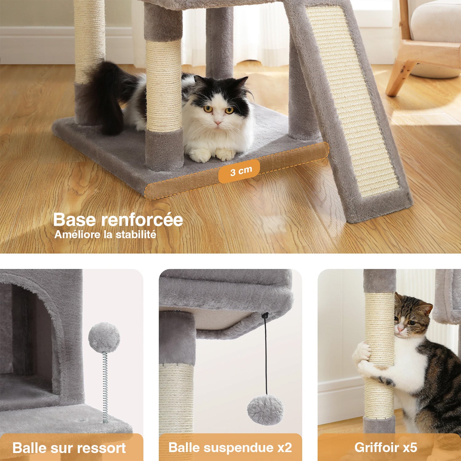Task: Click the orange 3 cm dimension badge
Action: pos(239,171)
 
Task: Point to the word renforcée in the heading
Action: pos(142,220)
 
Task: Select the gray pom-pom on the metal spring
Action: pos(104,338)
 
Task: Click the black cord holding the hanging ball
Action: pos(266,355)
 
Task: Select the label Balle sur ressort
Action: pos(69,448)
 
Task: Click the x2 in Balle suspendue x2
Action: pos(285,448)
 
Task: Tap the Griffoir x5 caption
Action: pos(386,447)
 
